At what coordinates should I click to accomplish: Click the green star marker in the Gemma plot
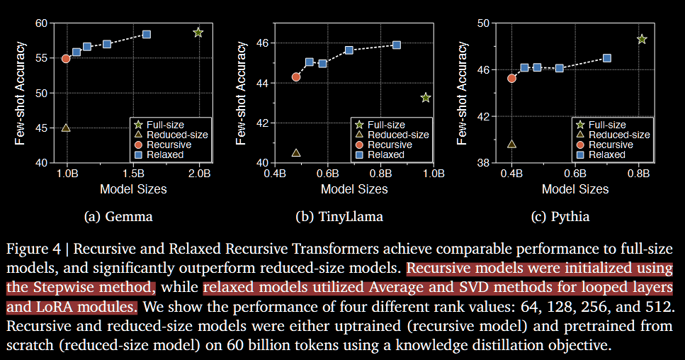[198, 33]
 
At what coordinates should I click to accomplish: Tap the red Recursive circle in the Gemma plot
[66, 58]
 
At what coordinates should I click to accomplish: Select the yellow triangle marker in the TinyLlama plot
[296, 152]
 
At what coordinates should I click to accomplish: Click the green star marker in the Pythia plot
[642, 39]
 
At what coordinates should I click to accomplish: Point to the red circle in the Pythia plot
[511, 78]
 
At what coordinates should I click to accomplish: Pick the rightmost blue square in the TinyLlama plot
[397, 45]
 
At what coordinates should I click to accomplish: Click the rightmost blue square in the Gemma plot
[147, 34]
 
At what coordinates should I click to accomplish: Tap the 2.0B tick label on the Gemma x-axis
[200, 173]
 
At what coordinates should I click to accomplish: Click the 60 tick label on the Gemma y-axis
[40, 23]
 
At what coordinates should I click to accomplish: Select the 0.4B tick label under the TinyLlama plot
[273, 173]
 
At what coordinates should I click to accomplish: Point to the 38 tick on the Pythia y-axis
[483, 163]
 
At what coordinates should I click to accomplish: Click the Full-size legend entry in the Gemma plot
[166, 125]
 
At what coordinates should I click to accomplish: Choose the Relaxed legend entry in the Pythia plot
[607, 154]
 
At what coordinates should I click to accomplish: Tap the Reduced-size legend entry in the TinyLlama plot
[398, 135]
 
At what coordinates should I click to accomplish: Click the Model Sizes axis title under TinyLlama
[354, 189]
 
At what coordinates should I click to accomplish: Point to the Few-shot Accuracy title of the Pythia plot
[463, 92]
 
